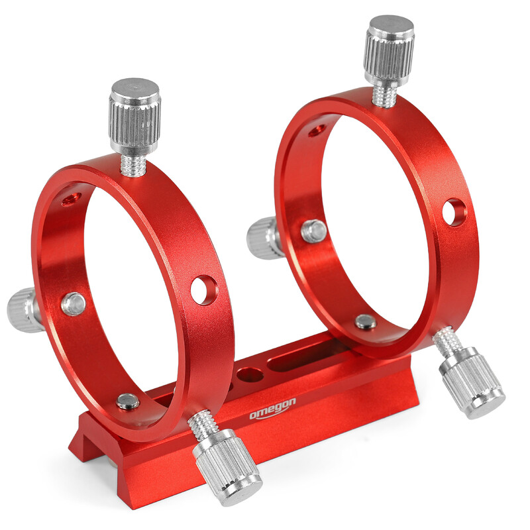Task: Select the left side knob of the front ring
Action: [x=23, y=309]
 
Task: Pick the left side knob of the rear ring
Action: [x=263, y=238]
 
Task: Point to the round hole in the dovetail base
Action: [x=250, y=375]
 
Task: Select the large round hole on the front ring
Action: [x=203, y=290]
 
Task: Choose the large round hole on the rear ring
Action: [x=454, y=212]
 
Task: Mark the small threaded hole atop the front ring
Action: [x=72, y=198]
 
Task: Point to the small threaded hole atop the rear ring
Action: [x=317, y=130]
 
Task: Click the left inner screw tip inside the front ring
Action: [x=74, y=303]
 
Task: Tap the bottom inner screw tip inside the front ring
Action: [x=127, y=401]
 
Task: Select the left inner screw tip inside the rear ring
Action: [x=314, y=231]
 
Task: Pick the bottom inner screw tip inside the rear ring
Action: [x=365, y=322]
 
